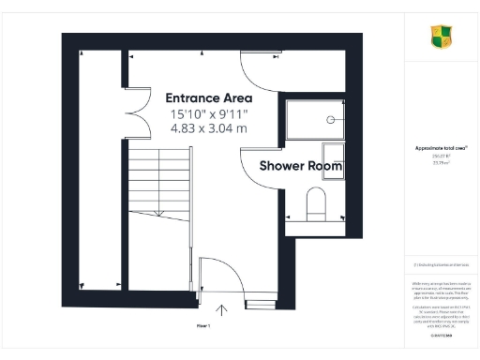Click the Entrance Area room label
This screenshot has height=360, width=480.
208,97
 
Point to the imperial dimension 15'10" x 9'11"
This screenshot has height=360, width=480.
208,113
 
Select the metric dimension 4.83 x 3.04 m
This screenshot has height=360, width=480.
208,128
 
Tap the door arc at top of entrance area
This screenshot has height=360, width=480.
255,67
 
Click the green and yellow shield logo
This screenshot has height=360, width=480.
442,37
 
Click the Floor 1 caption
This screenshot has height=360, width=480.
202,324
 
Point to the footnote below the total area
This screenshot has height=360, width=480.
442,265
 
